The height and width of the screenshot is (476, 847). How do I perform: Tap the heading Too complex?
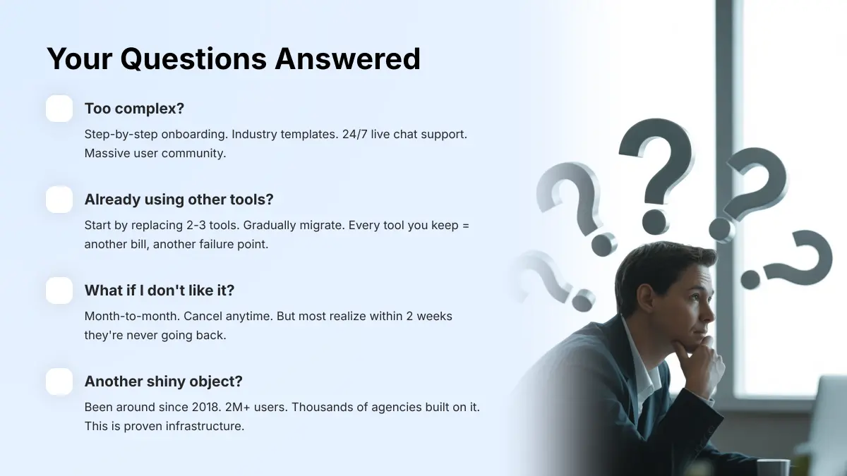click(x=134, y=109)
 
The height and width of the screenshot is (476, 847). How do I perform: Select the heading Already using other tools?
click(x=179, y=200)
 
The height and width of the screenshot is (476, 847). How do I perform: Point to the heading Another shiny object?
click(x=163, y=382)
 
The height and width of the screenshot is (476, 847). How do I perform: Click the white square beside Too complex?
click(x=59, y=109)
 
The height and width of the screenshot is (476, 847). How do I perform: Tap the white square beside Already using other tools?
click(x=59, y=200)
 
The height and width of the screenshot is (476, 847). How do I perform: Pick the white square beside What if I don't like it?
click(x=59, y=291)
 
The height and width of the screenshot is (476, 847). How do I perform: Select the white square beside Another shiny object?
click(x=59, y=382)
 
